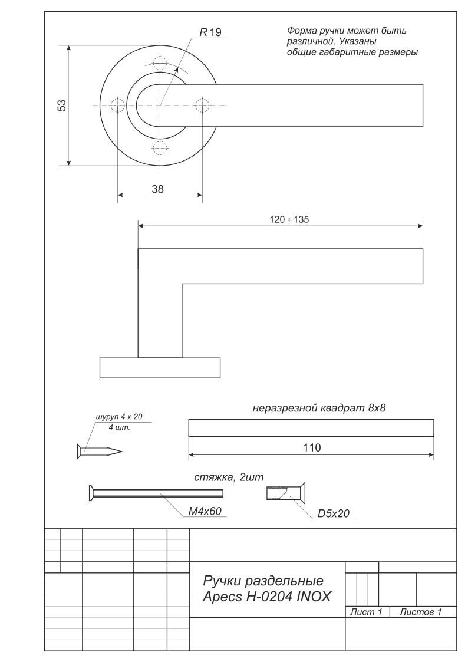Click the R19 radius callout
tap(210, 32)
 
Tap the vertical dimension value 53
tap(62, 105)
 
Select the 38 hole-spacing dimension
tap(158, 189)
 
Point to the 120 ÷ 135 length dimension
tap(289, 219)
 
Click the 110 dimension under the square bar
tap(312, 447)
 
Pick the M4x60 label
tap(205, 511)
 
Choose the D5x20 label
tap(334, 513)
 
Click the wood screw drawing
tap(100, 452)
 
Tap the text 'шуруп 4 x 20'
tap(120, 417)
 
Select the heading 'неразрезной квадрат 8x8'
tap(319, 409)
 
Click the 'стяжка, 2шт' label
tap(229, 477)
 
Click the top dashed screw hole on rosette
tap(160, 63)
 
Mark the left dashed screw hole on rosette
tap(117, 105)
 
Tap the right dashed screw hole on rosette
tap(203, 105)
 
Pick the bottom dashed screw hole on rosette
tap(160, 148)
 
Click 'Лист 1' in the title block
tap(366, 612)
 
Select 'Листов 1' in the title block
tap(421, 612)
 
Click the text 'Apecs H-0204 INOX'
tap(266, 597)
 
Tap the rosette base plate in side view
tap(160, 368)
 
